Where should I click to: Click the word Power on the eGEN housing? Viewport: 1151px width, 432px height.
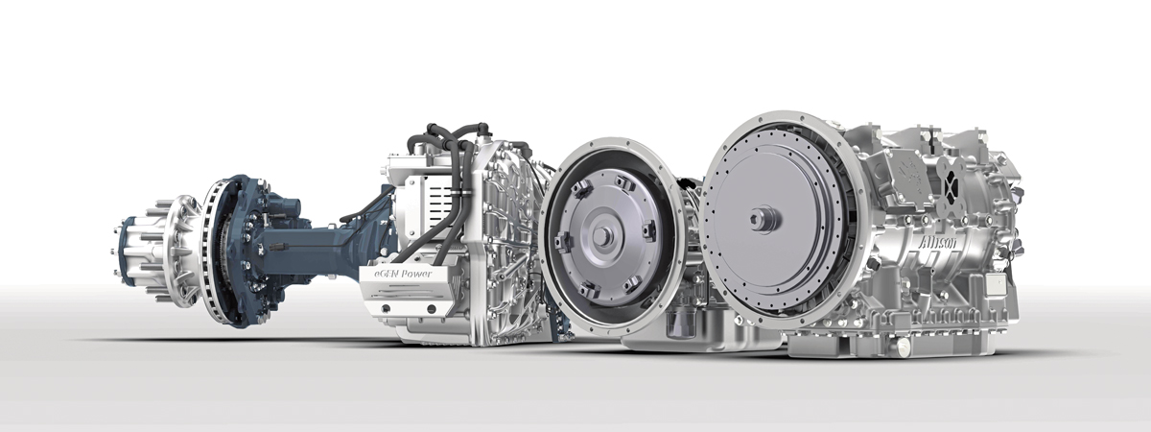point(416,274)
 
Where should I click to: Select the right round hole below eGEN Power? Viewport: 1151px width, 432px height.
point(432,309)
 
